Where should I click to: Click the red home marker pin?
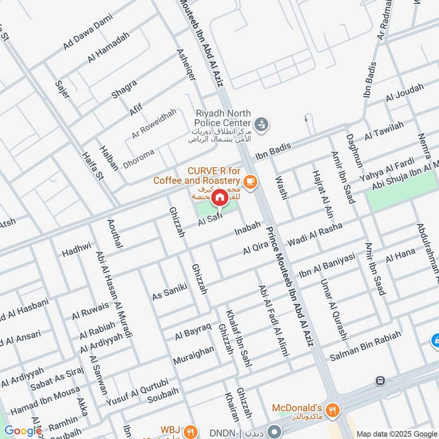pos(219,197)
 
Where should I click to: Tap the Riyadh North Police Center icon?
pos(263,124)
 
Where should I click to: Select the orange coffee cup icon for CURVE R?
pos(250,181)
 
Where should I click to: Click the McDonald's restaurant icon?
pos(331,409)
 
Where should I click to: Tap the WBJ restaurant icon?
pos(189,430)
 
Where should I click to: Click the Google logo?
pos(23,431)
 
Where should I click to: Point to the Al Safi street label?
pos(210,221)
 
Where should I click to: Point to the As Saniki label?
pos(170,291)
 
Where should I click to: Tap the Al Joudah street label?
pos(404,92)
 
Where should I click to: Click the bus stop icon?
pos(380,380)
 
